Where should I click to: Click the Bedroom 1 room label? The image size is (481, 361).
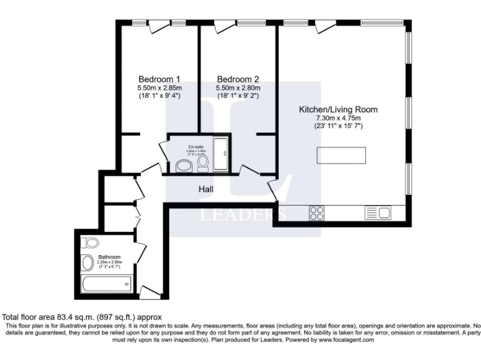[159, 79]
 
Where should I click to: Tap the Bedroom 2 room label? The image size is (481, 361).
[237, 79]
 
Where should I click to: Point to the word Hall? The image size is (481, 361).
[207, 189]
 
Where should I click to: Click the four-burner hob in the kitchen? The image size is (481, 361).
[316, 213]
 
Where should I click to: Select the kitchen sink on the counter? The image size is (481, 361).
[378, 213]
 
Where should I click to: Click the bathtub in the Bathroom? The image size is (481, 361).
[106, 285]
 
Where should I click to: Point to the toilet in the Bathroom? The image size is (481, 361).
[91, 243]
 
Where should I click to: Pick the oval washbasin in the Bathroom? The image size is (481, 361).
[88, 263]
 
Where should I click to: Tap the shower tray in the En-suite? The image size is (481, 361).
[222, 155]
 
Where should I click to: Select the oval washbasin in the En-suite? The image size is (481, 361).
[184, 165]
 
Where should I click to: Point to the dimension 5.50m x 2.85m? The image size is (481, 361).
[159, 88]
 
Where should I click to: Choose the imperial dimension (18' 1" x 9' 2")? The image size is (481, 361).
[237, 96]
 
